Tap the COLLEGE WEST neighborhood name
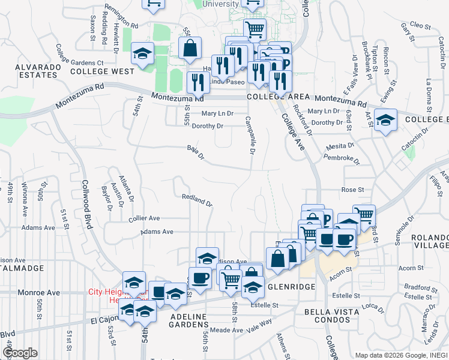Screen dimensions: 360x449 (x=102, y=71)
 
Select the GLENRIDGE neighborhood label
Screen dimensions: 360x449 (x=292, y=287)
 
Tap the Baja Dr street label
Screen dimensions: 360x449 (x=196, y=152)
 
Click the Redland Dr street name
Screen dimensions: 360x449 (x=197, y=200)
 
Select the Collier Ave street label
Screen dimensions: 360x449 (x=144, y=218)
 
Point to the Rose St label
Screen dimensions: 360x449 (x=353, y=190)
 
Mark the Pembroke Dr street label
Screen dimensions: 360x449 (x=341, y=159)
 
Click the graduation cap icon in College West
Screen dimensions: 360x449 (x=142, y=55)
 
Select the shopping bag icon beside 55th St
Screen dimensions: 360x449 (x=190, y=50)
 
